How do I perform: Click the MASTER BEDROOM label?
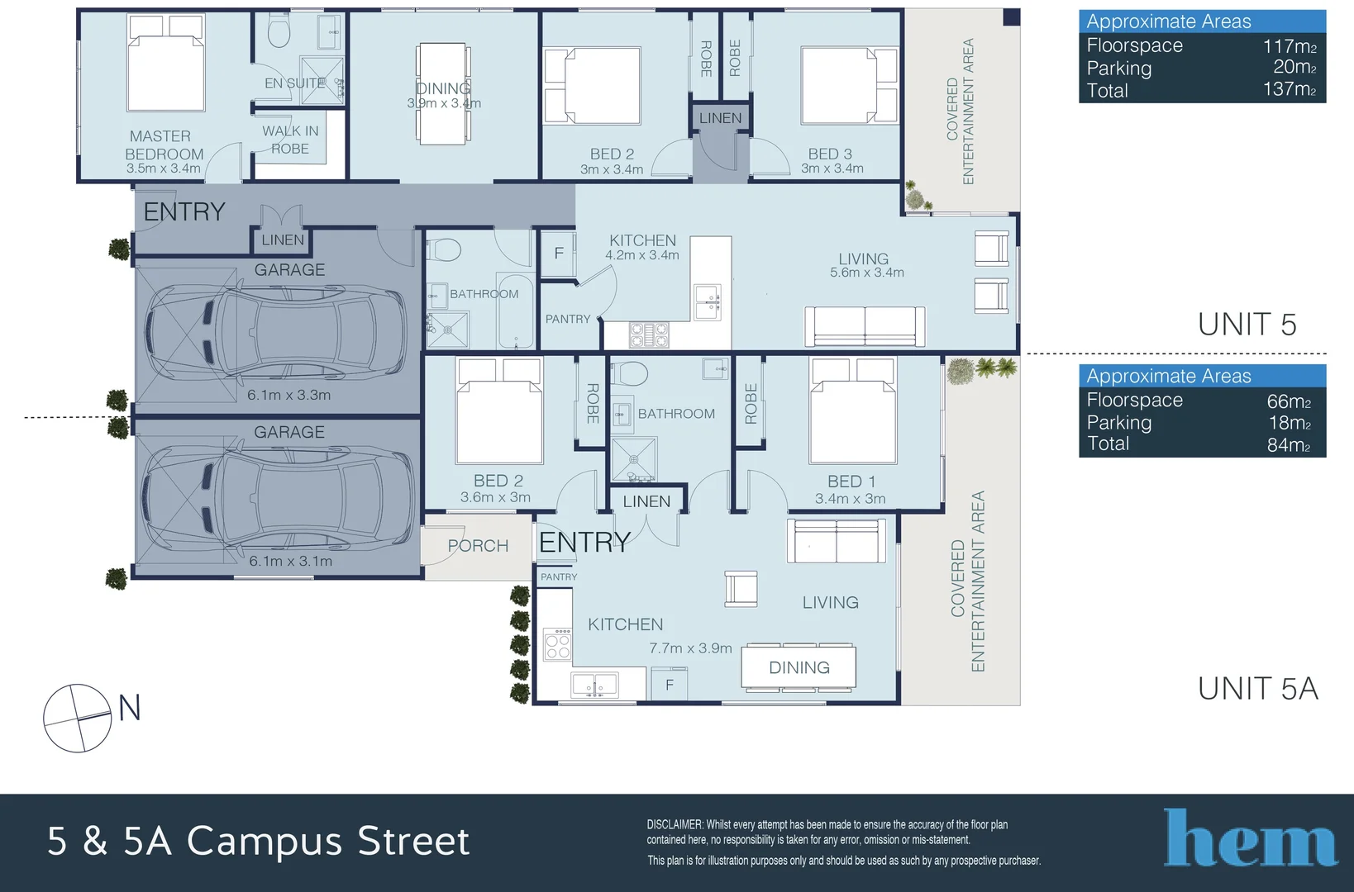click(164, 145)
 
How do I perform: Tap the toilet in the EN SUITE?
click(279, 31)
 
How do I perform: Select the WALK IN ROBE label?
click(290, 140)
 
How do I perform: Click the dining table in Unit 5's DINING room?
click(443, 93)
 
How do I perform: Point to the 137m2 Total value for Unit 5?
click(1289, 89)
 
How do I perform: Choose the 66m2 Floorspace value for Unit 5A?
click(1289, 401)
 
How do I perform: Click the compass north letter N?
click(130, 708)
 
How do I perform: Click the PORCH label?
click(478, 546)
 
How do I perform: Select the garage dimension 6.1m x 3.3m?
click(288, 395)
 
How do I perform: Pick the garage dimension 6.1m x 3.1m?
click(290, 561)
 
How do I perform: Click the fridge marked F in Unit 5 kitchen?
click(559, 254)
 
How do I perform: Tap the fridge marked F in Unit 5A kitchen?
click(670, 685)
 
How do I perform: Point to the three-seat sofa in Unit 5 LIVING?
click(865, 325)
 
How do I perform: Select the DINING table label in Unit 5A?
click(799, 667)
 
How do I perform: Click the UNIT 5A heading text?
click(1257, 688)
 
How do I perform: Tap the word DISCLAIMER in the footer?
click(674, 824)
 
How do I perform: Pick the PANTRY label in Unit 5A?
click(559, 576)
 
